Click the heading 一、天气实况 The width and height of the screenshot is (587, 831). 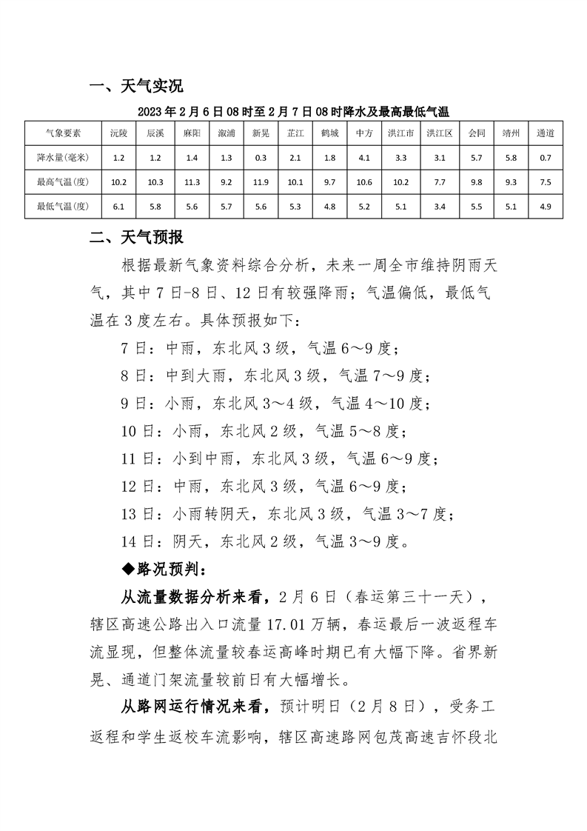[x=135, y=87]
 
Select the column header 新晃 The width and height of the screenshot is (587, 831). [x=261, y=134]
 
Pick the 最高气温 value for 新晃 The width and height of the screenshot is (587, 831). [x=261, y=182]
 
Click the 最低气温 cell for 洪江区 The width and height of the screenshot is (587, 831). [x=435, y=206]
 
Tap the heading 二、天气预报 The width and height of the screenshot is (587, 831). [x=135, y=238]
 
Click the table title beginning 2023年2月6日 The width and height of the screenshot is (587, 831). [x=293, y=112]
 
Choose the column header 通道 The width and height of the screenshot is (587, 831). [x=546, y=134]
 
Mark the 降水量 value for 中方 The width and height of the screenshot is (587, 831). [x=363, y=158]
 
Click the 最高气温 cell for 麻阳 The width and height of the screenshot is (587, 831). [x=192, y=182]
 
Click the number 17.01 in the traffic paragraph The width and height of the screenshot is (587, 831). [x=314, y=624]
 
